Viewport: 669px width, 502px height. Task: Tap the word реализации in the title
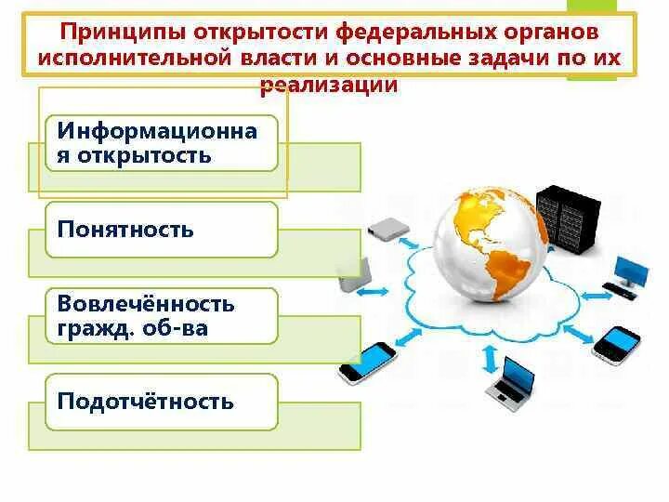coord(331,85)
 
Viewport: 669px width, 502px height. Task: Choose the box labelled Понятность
coord(161,229)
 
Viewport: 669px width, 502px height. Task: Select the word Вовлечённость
coord(145,304)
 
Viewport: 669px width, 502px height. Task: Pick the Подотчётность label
coord(145,402)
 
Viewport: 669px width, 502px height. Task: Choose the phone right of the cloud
coord(617,344)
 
